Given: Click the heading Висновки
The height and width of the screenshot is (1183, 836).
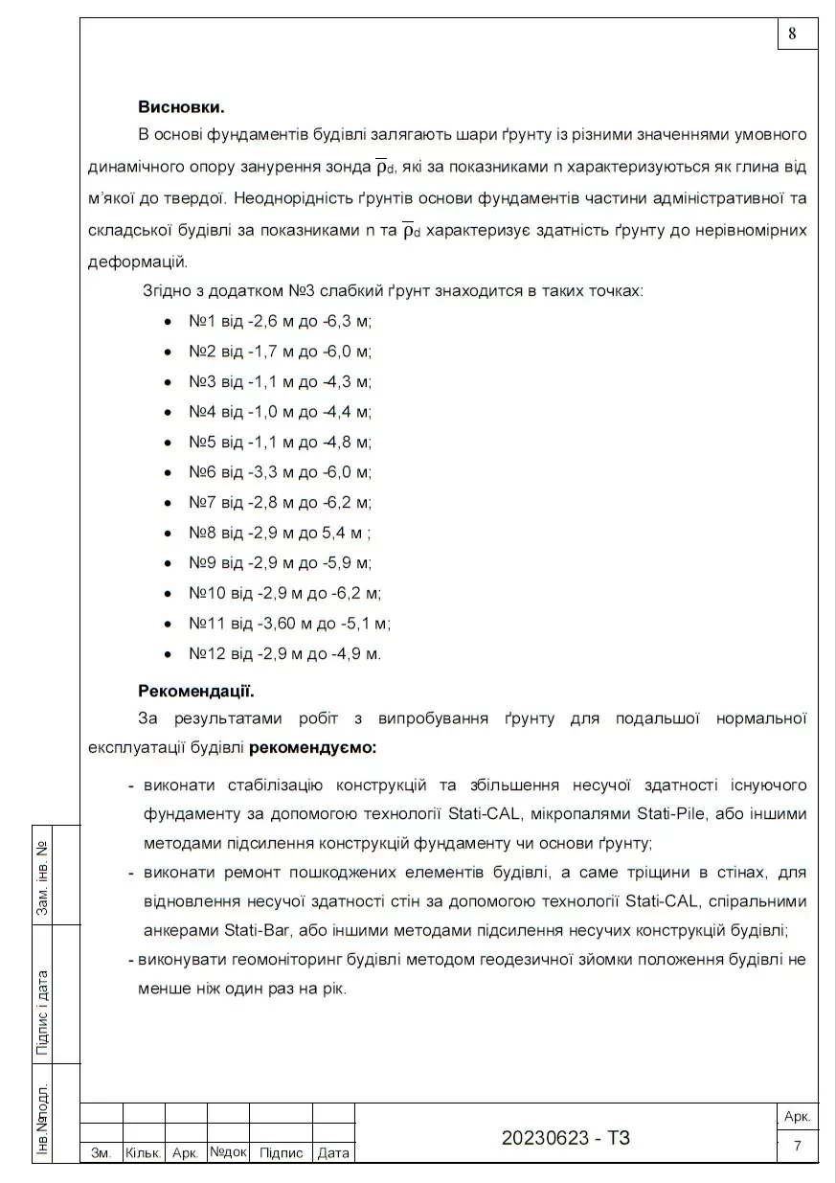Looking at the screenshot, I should coord(181,106).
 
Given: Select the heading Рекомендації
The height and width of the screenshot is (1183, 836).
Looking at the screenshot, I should coord(195,690).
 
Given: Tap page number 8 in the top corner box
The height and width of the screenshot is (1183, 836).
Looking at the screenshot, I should coord(793,34).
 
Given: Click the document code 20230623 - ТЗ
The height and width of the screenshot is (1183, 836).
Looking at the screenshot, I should coord(566,1138).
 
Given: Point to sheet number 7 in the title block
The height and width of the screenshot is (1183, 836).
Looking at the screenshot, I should coord(797,1146).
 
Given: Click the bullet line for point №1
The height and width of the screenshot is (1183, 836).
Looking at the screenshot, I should coord(280,321).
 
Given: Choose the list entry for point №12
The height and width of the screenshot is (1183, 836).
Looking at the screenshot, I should coord(284,654).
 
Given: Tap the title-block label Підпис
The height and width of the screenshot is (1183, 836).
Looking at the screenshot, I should coord(281,1153).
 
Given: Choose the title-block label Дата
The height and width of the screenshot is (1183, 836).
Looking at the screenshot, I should coord(333,1153).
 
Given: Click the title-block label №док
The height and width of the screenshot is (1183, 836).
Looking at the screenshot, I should coord(228,1152).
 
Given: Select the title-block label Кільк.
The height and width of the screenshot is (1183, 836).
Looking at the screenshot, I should coord(144,1153).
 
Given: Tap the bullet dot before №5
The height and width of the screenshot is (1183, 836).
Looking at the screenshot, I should coord(168,443).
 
